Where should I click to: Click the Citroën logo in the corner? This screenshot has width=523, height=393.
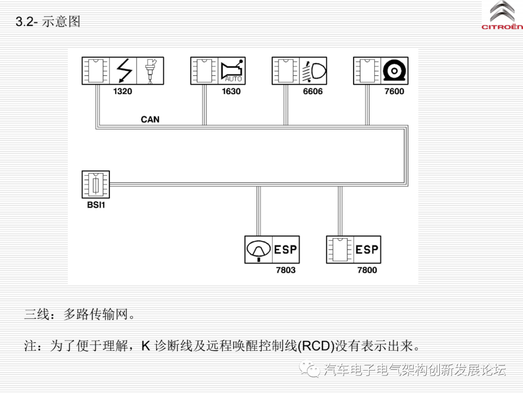[x=502, y=16]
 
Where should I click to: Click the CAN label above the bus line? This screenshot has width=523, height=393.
[x=150, y=119]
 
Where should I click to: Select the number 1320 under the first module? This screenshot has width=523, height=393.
[x=123, y=91]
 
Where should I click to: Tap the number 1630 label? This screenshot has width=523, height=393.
[x=231, y=91]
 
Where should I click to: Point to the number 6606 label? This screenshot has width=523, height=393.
[x=313, y=91]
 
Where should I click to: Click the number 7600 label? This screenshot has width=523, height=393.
[x=394, y=91]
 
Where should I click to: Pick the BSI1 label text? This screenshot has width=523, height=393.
[x=96, y=205]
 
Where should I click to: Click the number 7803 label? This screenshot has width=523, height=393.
[x=286, y=270]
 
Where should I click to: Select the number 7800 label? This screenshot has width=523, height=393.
[x=367, y=270]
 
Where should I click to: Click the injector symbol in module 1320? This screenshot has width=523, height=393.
[x=150, y=71]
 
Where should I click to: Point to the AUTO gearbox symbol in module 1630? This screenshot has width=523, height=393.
[x=232, y=71]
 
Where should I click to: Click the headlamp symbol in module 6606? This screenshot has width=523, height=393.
[x=314, y=71]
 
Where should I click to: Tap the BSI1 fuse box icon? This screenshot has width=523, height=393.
[x=96, y=184]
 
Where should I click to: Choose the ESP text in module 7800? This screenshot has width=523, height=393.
[x=367, y=250]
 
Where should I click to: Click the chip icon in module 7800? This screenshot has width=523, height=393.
[x=340, y=250]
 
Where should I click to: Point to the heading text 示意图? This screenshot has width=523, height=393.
[x=61, y=22]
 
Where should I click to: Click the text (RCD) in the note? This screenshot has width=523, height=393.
[x=316, y=346]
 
